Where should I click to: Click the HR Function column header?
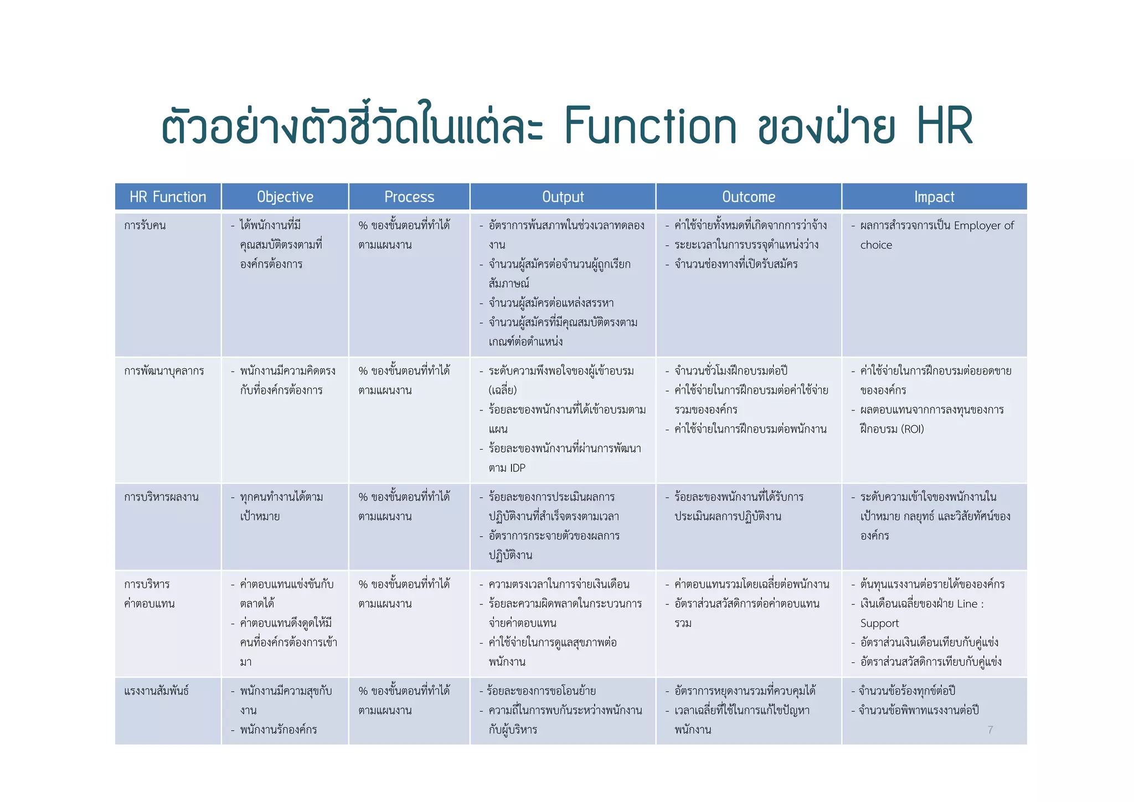168,197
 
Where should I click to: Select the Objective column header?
285,197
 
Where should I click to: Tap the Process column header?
409,197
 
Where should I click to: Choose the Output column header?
563,197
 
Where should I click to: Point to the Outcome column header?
749,197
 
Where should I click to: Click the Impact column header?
934,197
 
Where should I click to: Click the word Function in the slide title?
650,126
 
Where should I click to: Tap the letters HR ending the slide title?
945,126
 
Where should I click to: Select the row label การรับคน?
145,225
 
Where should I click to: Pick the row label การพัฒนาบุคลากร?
164,371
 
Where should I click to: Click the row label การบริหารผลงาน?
161,497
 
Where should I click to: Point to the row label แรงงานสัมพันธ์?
157,691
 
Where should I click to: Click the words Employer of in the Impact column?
983,225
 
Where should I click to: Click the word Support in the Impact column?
879,624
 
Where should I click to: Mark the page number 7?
990,730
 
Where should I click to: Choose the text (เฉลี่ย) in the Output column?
503,390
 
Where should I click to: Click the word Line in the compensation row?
967,604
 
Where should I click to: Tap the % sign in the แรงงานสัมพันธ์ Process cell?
363,691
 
